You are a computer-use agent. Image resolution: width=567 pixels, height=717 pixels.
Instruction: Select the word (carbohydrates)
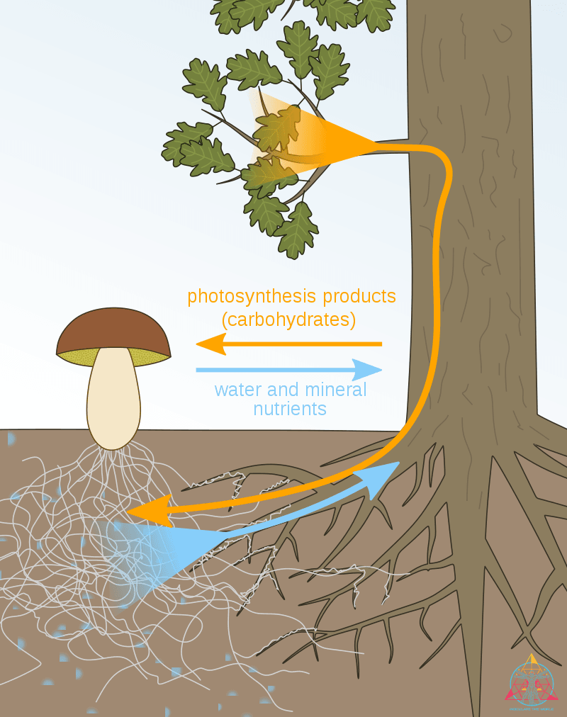pos(288,320)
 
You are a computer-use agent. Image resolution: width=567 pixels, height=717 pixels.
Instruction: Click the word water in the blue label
pos(239,390)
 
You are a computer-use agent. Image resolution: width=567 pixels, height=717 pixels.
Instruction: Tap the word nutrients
pos(290,409)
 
